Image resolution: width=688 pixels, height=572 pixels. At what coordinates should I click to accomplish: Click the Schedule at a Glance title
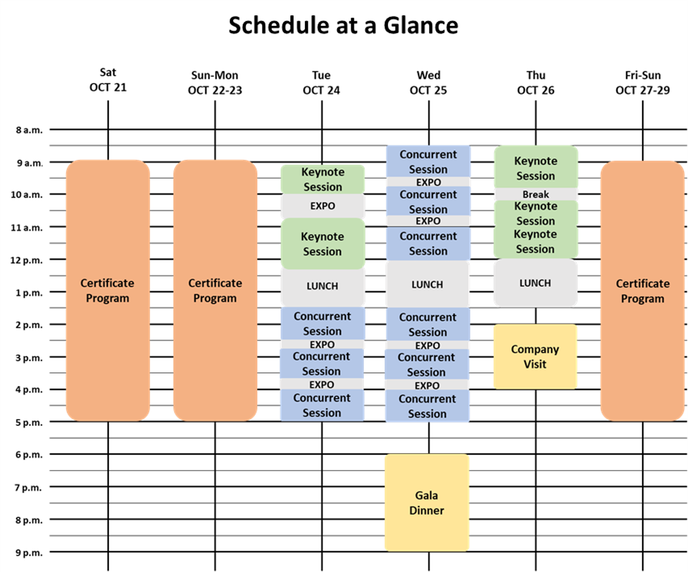pyautogui.click(x=343, y=26)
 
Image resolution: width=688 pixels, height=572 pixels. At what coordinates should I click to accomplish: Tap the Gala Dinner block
pyautogui.click(x=427, y=502)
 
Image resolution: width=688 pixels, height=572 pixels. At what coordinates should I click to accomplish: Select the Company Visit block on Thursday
pyautogui.click(x=535, y=356)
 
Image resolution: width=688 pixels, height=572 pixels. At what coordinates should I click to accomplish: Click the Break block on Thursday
pyautogui.click(x=536, y=194)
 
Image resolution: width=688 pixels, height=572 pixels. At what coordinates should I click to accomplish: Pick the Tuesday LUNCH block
pyautogui.click(x=323, y=286)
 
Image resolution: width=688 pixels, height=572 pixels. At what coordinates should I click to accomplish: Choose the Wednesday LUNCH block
pyautogui.click(x=427, y=285)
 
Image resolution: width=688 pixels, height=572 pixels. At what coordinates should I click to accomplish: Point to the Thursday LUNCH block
pyautogui.click(x=535, y=283)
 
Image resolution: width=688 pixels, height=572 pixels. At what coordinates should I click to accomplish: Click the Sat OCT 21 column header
pyautogui.click(x=108, y=81)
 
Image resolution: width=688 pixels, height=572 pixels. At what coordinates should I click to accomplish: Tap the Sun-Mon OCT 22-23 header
pyautogui.click(x=215, y=83)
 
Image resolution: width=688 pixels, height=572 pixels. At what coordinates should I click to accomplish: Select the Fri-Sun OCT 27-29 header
pyautogui.click(x=642, y=83)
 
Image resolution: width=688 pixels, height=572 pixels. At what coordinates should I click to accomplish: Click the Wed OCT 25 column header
pyautogui.click(x=428, y=83)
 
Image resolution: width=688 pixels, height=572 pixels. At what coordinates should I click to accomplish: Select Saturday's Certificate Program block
pyautogui.click(x=108, y=290)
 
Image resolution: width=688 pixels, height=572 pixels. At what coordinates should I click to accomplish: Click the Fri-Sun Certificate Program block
pyautogui.click(x=642, y=290)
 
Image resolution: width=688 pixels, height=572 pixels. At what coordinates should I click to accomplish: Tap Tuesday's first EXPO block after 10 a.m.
pyautogui.click(x=323, y=206)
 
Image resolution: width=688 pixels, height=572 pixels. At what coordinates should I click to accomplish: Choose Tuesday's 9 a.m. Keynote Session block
pyautogui.click(x=323, y=179)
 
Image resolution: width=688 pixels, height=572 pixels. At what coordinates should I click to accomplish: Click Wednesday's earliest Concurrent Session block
pyautogui.click(x=428, y=161)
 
